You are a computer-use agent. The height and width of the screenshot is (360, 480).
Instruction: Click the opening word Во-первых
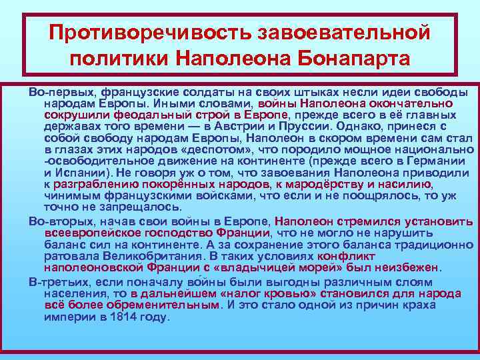pos(57,91)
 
